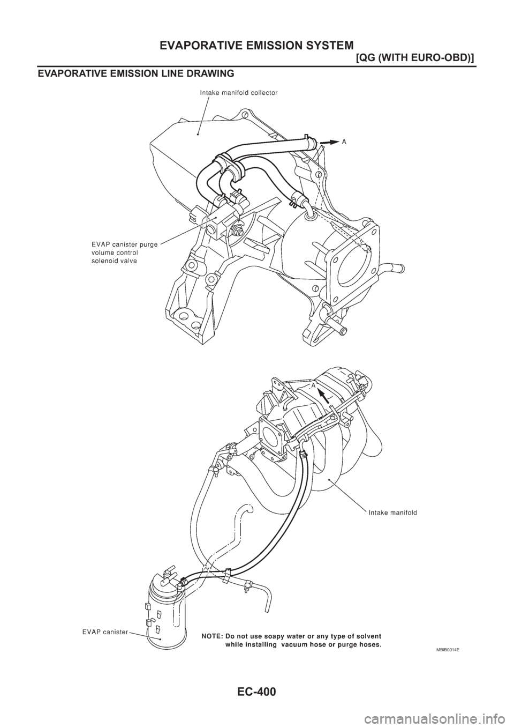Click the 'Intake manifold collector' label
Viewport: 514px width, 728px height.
coord(238,93)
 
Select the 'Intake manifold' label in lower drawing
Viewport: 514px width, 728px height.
coord(392,512)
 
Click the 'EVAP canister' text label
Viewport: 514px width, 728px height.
coord(105,632)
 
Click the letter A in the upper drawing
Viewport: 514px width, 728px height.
coord(344,142)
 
